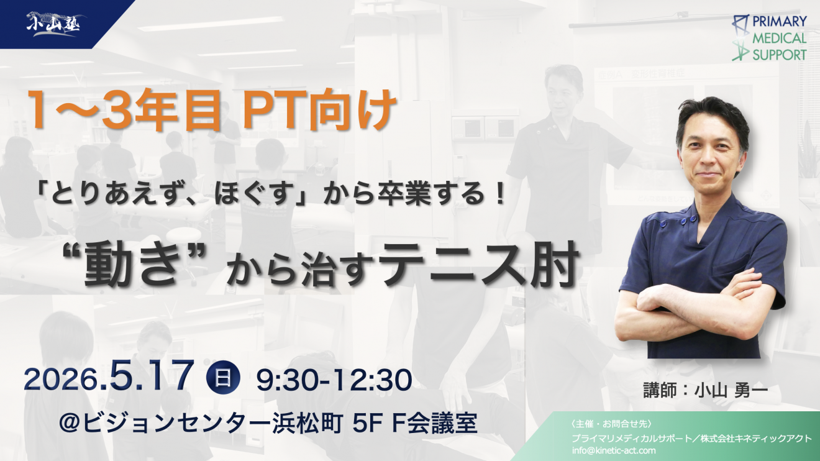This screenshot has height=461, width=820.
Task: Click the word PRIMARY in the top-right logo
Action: (x=780, y=22)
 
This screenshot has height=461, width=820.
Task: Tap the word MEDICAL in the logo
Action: (x=780, y=38)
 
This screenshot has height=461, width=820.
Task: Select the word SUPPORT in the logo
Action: (x=780, y=55)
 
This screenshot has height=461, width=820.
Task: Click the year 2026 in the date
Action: (x=61, y=380)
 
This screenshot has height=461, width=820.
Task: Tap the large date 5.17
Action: (x=151, y=377)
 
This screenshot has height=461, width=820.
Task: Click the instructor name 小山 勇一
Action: (x=731, y=390)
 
